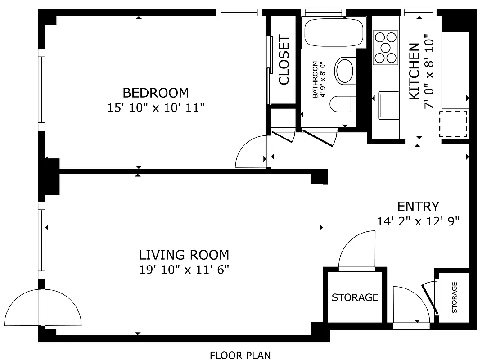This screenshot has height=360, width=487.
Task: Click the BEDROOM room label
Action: [x=156, y=93]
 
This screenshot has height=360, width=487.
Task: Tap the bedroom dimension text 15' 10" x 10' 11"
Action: [x=156, y=108]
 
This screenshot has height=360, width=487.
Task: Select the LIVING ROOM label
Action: [x=184, y=255]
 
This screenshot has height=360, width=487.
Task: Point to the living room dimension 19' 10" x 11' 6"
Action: [x=184, y=270]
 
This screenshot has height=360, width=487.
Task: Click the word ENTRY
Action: [x=418, y=207]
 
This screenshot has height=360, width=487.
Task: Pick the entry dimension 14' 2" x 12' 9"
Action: [x=418, y=221]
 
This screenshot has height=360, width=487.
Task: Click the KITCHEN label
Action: [x=414, y=72]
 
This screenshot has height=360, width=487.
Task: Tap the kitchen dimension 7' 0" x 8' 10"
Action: [x=429, y=72]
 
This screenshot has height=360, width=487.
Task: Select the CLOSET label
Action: [x=284, y=60]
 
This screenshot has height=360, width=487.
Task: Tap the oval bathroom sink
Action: [x=345, y=71]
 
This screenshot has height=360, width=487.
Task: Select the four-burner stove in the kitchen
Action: [x=386, y=47]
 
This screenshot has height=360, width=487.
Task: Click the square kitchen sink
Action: [x=388, y=105]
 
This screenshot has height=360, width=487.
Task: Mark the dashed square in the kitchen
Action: [x=453, y=125]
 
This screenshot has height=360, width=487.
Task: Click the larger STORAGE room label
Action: [x=355, y=297]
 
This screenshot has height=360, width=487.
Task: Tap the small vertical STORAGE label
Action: [x=454, y=297]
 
